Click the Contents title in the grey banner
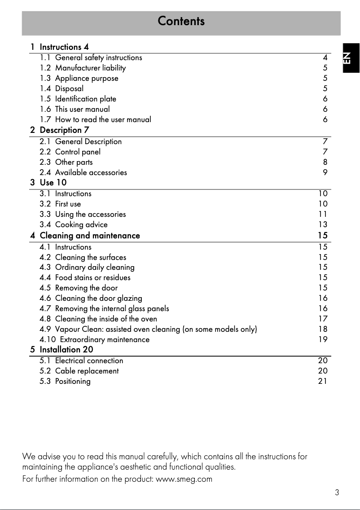181,21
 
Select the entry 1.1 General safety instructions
91,57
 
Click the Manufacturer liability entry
83,68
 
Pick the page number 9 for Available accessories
325,172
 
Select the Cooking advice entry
74,224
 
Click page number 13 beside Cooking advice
323,224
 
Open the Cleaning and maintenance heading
85,236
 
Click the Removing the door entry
79,288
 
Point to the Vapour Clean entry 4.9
148,329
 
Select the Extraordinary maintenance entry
94,339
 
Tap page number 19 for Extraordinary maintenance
323,339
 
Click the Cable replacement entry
79,371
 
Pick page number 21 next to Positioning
323,381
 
